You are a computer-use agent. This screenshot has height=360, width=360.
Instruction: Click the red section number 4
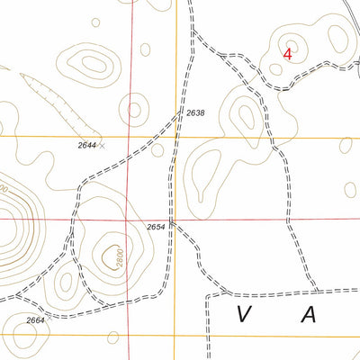pos(287,53)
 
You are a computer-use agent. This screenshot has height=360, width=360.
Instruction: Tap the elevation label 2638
pos(195,113)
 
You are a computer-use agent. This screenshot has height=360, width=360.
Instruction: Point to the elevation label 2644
pos(86,145)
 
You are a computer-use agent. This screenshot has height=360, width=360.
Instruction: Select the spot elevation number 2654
pos(156,228)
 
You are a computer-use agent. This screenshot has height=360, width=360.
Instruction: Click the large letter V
pos(244,314)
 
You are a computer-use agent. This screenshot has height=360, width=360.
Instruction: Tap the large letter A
pos(310,314)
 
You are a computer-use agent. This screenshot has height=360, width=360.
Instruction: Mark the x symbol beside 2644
pos(101,144)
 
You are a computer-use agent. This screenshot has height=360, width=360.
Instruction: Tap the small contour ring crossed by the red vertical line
pos(133,110)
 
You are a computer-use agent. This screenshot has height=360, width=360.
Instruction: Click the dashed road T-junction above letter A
pos(318,291)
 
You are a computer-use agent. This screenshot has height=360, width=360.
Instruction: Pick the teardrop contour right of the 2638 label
pos(244,113)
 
